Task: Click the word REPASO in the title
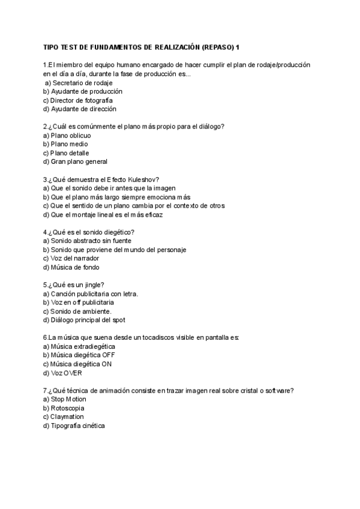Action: point(217,46)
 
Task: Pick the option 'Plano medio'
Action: point(65,144)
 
